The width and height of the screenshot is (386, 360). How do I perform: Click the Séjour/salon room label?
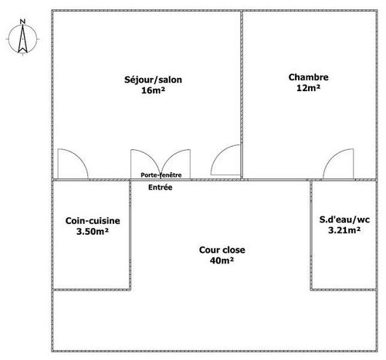153,80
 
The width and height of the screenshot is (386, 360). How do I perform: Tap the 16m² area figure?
153,90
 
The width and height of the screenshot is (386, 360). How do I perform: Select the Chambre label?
308,77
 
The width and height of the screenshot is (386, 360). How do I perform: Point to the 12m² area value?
308,88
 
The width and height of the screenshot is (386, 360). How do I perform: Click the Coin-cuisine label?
93,221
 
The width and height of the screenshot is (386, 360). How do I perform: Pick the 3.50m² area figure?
93,232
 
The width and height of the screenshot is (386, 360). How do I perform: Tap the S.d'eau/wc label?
344,219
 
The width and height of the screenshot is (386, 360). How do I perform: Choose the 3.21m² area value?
344,230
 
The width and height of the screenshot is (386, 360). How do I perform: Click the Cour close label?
222,250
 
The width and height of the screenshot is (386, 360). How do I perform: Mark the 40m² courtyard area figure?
222,260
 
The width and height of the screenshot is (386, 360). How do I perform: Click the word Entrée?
161,187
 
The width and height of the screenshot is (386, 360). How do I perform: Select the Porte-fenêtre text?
161,175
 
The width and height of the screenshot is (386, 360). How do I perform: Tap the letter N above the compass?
22,22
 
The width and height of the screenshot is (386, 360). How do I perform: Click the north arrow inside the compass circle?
22,39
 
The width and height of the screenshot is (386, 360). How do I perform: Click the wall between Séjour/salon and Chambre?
242,95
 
